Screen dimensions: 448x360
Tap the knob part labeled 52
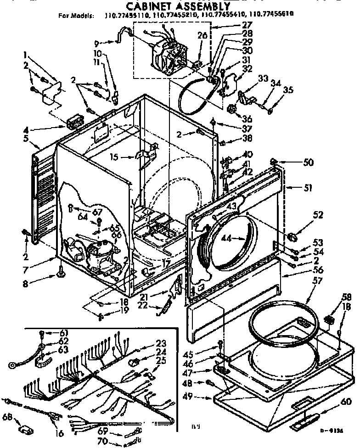[292, 236]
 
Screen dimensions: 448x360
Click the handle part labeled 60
[304, 417]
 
